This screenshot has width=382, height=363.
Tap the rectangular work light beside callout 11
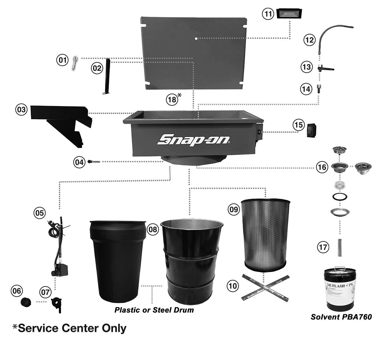pos(289,14)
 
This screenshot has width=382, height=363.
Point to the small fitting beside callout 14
pos(319,89)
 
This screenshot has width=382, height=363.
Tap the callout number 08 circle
pos(153,229)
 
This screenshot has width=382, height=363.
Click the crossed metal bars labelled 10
pos(265,287)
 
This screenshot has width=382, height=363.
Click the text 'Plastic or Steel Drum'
pos(154,310)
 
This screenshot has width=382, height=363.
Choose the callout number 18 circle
pos(172,99)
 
